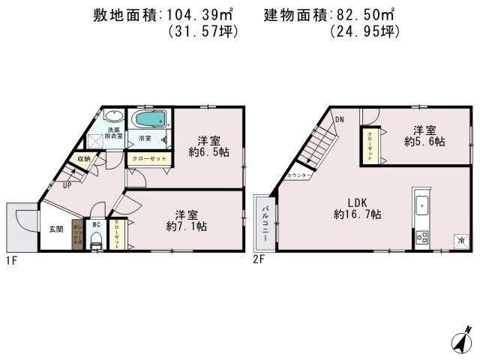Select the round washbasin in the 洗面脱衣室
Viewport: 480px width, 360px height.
112,117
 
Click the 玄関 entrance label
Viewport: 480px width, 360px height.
56,228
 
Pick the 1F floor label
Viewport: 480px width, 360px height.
12,260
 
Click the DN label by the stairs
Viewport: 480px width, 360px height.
339,119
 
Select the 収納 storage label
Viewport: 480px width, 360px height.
83,159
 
